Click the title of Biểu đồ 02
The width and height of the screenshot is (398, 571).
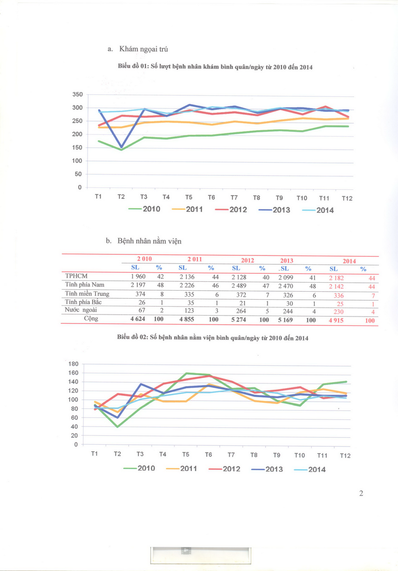213,338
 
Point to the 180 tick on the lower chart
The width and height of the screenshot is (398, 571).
73,364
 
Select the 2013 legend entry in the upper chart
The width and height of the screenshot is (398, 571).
274,210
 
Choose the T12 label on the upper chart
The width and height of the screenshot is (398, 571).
347,198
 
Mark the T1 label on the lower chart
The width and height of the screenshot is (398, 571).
95,454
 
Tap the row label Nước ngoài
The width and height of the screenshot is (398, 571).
81,310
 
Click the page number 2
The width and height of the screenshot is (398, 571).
361,493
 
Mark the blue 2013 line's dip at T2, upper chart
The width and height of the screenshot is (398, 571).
121,147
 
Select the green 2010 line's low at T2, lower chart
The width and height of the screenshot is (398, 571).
118,426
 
